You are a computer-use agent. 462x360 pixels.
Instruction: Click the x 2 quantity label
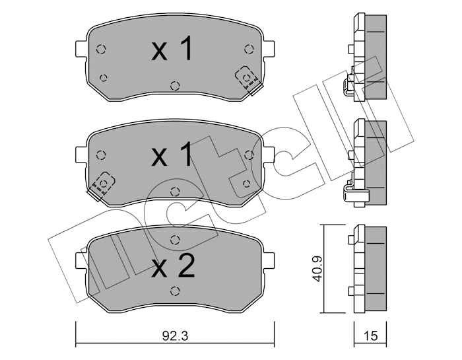pos(172,267)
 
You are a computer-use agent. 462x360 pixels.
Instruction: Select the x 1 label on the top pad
pos(172,50)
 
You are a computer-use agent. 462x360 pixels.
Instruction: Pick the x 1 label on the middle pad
pos(172,157)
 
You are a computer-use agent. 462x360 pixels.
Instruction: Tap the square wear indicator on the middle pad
pos(102,183)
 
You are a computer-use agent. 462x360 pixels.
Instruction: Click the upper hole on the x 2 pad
pos(174,240)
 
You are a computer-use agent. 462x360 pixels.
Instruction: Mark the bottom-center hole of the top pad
pos(174,85)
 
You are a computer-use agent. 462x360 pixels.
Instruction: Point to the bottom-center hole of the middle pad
pos(174,192)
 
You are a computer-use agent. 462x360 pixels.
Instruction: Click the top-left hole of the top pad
pos(100,49)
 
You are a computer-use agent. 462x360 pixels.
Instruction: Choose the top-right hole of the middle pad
pos(248,155)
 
